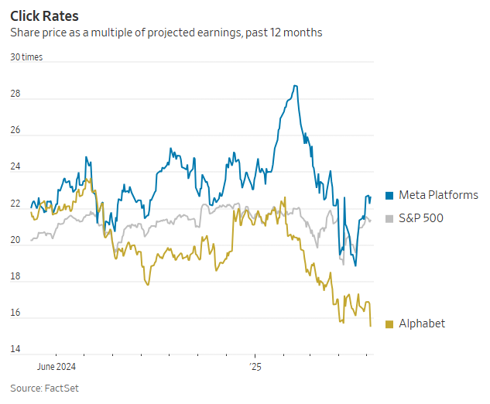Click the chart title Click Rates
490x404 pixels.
coord(44,15)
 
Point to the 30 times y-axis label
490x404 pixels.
coord(26,57)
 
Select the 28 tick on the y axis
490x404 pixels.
coord(15,94)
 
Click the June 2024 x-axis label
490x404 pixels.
coord(57,366)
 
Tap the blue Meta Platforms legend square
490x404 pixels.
coord(389,196)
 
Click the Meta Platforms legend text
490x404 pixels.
coord(438,195)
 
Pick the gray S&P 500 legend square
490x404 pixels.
coord(389,219)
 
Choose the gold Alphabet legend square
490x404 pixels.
coord(389,324)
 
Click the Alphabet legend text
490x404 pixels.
coord(422,324)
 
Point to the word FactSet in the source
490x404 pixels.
coord(61,388)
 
